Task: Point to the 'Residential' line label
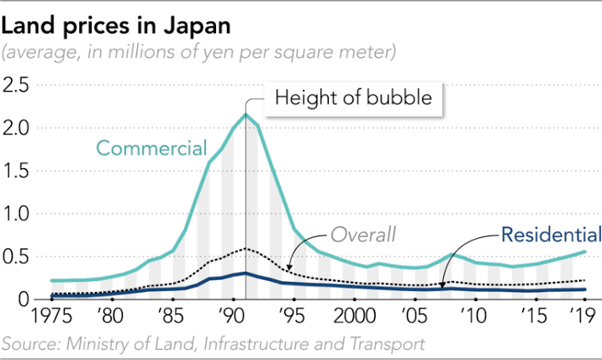(x=552, y=235)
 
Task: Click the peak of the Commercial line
(x=246, y=114)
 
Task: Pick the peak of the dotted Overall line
(x=246, y=248)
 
